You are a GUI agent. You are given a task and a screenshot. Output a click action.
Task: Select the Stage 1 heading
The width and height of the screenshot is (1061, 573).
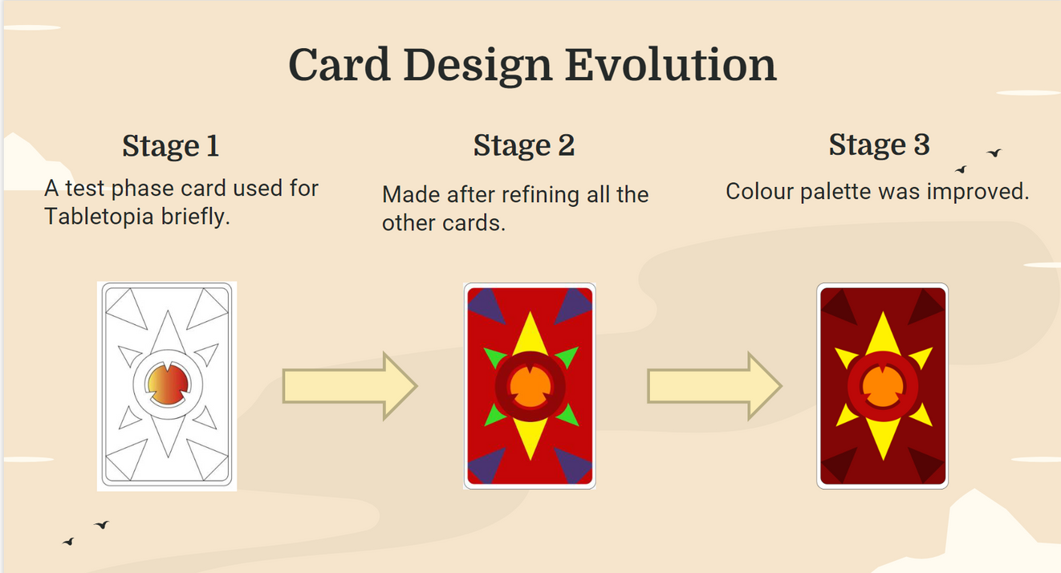(x=170, y=146)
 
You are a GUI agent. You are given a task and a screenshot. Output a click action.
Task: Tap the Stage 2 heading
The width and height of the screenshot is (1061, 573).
(x=524, y=145)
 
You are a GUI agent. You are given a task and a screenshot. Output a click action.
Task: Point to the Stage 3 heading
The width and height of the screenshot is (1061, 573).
(x=879, y=144)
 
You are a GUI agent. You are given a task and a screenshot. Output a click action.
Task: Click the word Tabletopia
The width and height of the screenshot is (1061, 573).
(x=99, y=217)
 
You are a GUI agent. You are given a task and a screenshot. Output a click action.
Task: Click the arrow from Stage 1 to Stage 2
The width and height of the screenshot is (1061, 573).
(x=350, y=386)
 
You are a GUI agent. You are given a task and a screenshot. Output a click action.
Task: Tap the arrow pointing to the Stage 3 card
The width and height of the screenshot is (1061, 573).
(x=714, y=386)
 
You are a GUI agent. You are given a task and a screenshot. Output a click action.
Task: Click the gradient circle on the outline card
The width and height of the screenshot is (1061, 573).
(x=168, y=384)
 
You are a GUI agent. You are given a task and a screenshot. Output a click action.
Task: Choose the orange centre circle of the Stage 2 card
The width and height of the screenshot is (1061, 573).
(x=530, y=387)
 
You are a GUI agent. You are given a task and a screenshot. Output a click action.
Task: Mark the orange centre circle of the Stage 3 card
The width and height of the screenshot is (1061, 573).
(x=883, y=387)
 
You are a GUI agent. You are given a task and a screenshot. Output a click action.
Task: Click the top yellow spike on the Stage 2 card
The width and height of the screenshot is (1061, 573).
(x=530, y=334)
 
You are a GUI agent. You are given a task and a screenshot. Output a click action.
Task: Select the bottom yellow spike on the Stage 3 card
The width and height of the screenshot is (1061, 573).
(x=883, y=438)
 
